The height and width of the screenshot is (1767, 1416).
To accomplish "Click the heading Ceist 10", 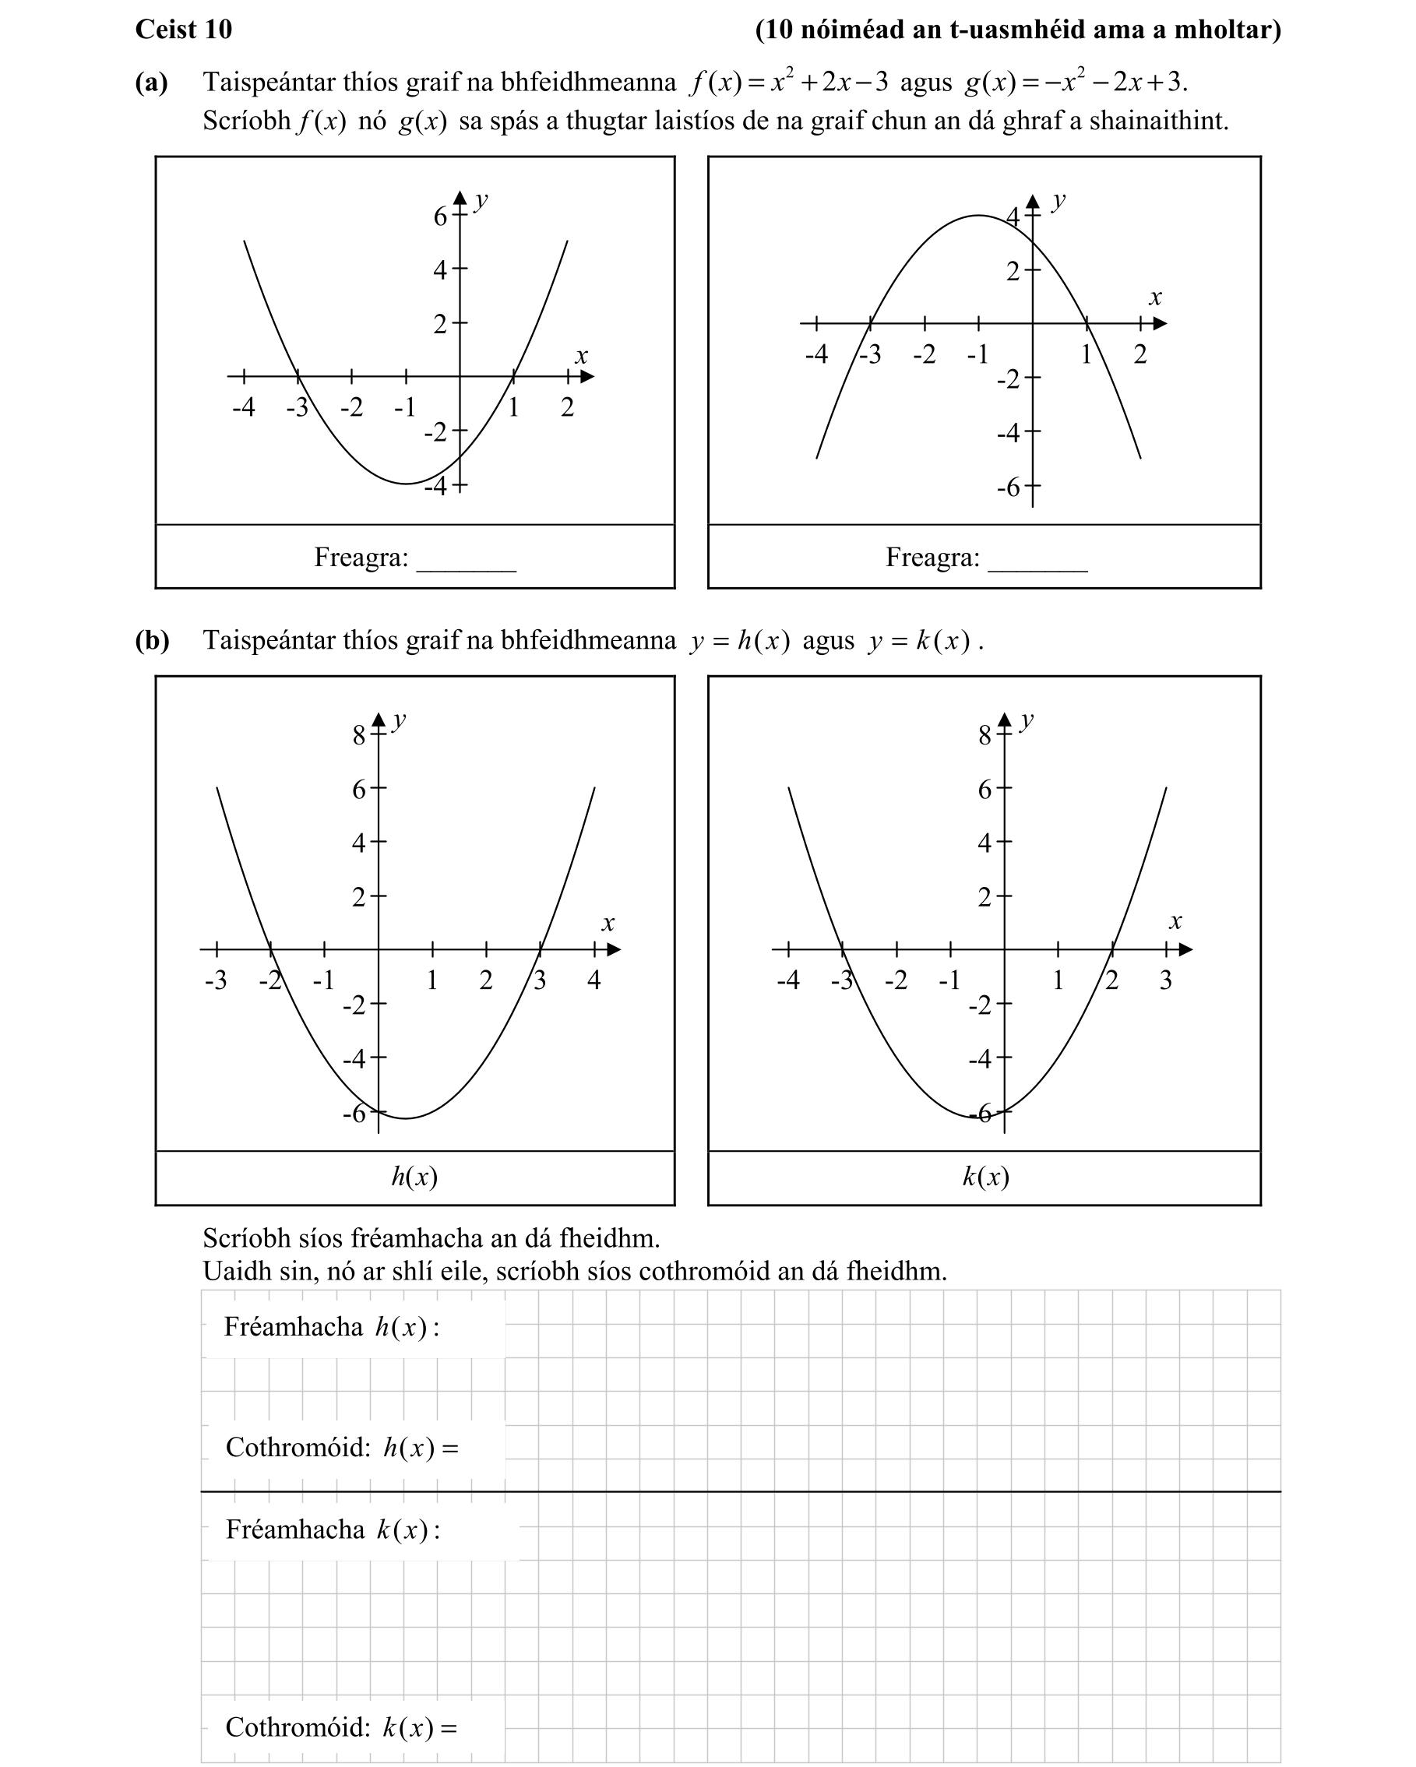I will click(184, 30).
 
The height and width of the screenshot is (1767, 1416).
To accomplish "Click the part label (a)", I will click(152, 82).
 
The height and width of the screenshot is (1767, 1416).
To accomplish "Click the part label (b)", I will click(152, 639).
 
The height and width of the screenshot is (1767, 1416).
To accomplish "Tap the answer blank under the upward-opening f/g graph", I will click(466, 561).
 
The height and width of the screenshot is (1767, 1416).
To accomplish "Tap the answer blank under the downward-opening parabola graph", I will click(1037, 561).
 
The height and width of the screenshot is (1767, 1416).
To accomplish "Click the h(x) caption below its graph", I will click(414, 1177).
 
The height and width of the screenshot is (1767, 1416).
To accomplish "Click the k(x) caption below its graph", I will click(985, 1177).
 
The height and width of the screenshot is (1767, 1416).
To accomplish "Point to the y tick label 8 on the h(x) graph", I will click(359, 736).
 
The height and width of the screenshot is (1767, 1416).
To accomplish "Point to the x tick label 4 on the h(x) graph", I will click(594, 980).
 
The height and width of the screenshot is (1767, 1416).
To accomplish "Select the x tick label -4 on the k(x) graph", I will click(787, 980).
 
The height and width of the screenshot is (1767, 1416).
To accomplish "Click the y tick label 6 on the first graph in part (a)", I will click(440, 216).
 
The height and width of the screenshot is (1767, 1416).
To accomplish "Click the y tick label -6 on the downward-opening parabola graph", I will click(1008, 488).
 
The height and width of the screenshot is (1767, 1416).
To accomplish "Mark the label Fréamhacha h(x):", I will click(331, 1327).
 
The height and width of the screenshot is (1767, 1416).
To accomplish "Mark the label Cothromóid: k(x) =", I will click(341, 1727).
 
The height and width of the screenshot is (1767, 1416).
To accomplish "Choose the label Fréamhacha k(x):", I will click(333, 1529).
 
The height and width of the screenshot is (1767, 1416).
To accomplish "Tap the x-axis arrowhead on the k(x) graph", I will click(1185, 949).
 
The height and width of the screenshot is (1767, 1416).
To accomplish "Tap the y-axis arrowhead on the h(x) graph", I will click(378, 720).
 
